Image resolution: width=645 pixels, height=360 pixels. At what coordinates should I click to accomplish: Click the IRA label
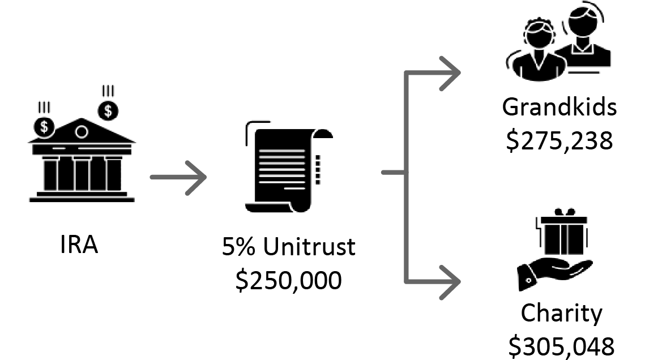(79, 245)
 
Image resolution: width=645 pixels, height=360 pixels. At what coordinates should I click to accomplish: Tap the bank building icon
(82, 160)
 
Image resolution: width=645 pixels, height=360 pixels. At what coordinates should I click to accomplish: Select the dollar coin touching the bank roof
(44, 127)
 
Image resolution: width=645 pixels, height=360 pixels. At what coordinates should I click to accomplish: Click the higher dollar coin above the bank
(108, 110)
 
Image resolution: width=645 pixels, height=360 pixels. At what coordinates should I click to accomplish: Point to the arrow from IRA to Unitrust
(178, 178)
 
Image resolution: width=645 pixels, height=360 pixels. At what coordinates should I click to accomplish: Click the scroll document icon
(289, 166)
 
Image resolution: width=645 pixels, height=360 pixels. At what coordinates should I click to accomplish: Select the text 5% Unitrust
(288, 247)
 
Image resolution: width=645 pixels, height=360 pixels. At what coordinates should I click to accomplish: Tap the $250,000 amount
(288, 280)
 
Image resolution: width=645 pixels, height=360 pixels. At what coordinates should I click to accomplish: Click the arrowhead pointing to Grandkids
(450, 73)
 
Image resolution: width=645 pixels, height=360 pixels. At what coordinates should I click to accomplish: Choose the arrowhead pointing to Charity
(450, 282)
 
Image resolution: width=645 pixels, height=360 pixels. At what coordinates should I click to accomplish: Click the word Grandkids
(559, 107)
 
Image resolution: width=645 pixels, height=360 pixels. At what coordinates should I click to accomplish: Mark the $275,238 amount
(559, 140)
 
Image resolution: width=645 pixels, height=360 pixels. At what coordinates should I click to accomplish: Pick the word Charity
(562, 314)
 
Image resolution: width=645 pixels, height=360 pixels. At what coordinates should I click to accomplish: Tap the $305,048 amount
(562, 346)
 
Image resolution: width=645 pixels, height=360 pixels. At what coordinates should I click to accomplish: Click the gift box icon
(563, 233)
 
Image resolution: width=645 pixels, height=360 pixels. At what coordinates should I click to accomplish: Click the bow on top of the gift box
(565, 212)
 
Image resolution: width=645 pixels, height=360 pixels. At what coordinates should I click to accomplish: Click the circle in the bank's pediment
(82, 132)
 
